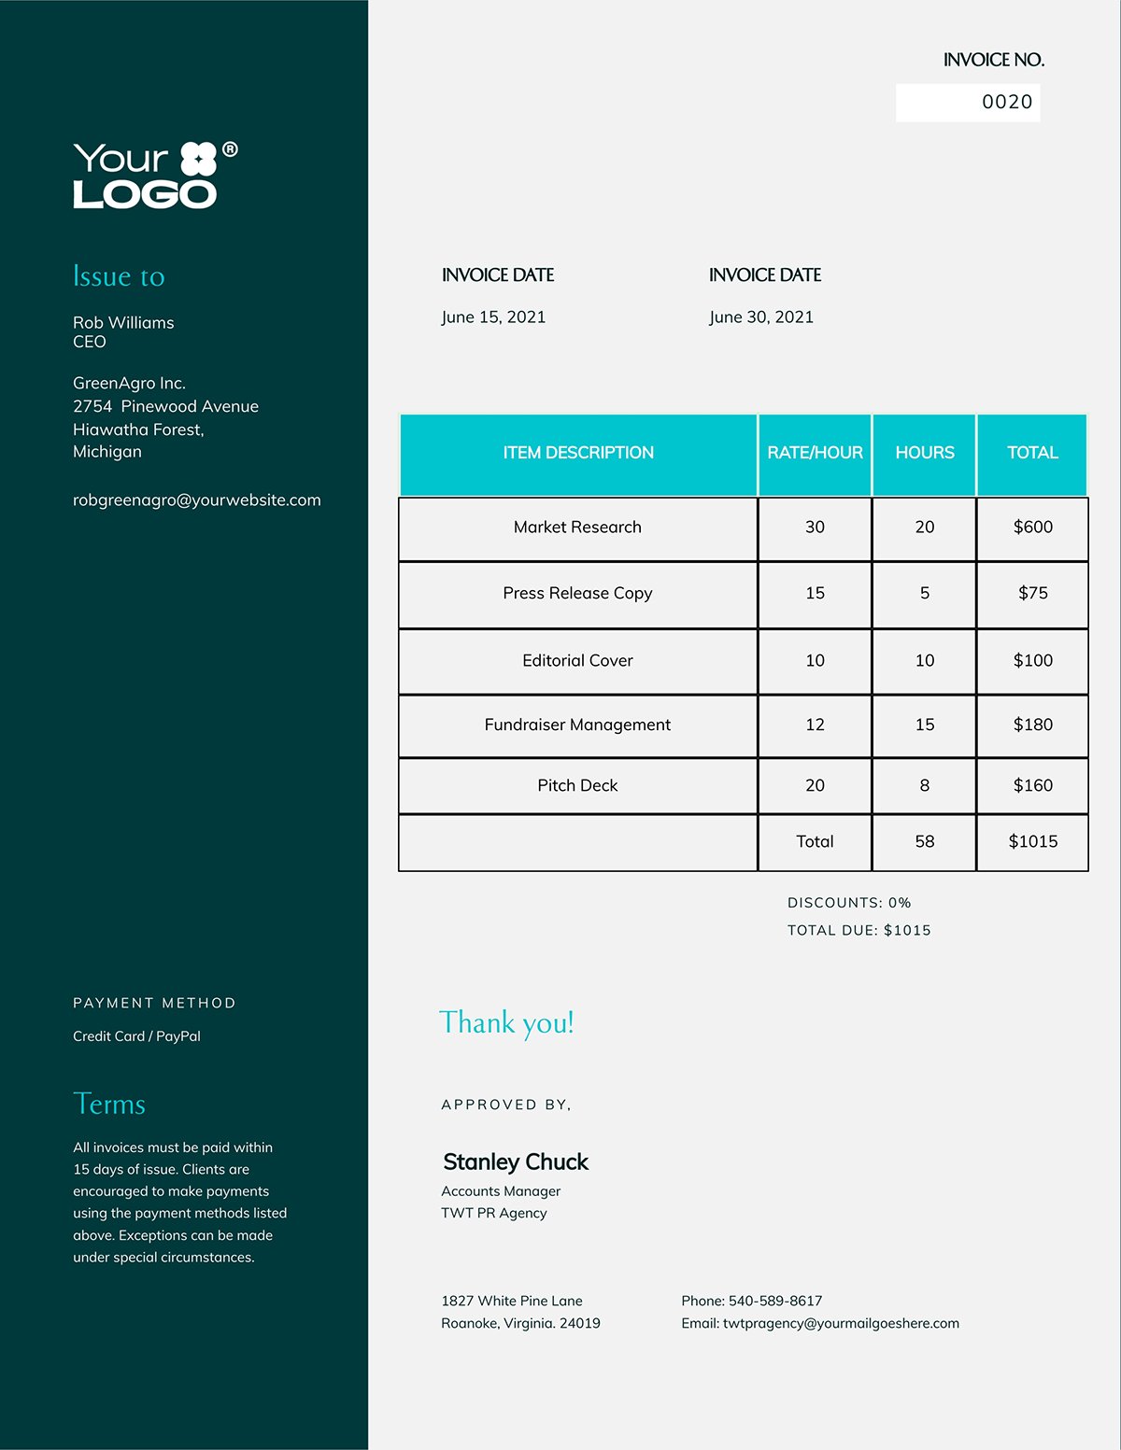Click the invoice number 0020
[1006, 102]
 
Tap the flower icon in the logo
[198, 159]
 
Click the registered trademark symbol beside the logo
[230, 149]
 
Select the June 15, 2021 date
[493, 317]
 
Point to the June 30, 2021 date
[760, 317]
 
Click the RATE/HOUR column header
[815, 453]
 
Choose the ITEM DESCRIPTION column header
[578, 453]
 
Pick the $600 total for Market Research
[1032, 528]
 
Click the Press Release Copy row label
[577, 594]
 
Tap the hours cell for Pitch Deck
[924, 785]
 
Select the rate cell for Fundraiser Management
[815, 725]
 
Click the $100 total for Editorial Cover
[1032, 660]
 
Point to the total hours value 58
[924, 841]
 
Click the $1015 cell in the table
[1032, 841]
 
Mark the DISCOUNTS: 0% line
[849, 903]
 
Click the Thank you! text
[506, 1022]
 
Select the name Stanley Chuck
[516, 1162]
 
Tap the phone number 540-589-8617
[775, 1301]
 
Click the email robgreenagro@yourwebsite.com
[197, 500]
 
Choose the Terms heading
[109, 1104]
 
